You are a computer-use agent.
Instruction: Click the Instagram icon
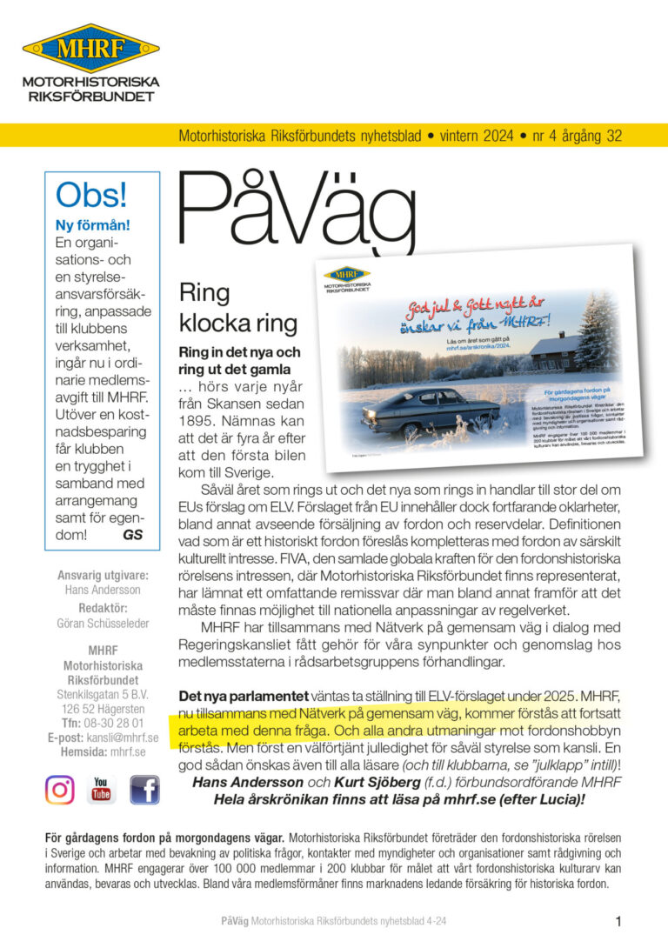tap(60, 790)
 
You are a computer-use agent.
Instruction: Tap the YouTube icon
tap(102, 790)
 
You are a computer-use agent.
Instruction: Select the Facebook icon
tap(144, 790)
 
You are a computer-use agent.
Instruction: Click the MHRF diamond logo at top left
tap(91, 48)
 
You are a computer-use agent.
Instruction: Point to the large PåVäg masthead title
tap(296, 213)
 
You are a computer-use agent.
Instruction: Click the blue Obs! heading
tap(90, 194)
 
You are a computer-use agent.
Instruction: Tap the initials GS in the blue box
tap(132, 534)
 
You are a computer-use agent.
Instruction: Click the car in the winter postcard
tap(431, 410)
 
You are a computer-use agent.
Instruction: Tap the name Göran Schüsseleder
tap(103, 624)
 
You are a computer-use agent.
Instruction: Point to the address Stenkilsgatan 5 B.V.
tap(103, 694)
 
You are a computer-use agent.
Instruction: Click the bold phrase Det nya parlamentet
tap(243, 696)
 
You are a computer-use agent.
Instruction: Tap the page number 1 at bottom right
tap(618, 921)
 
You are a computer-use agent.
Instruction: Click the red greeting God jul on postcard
tap(439, 305)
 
